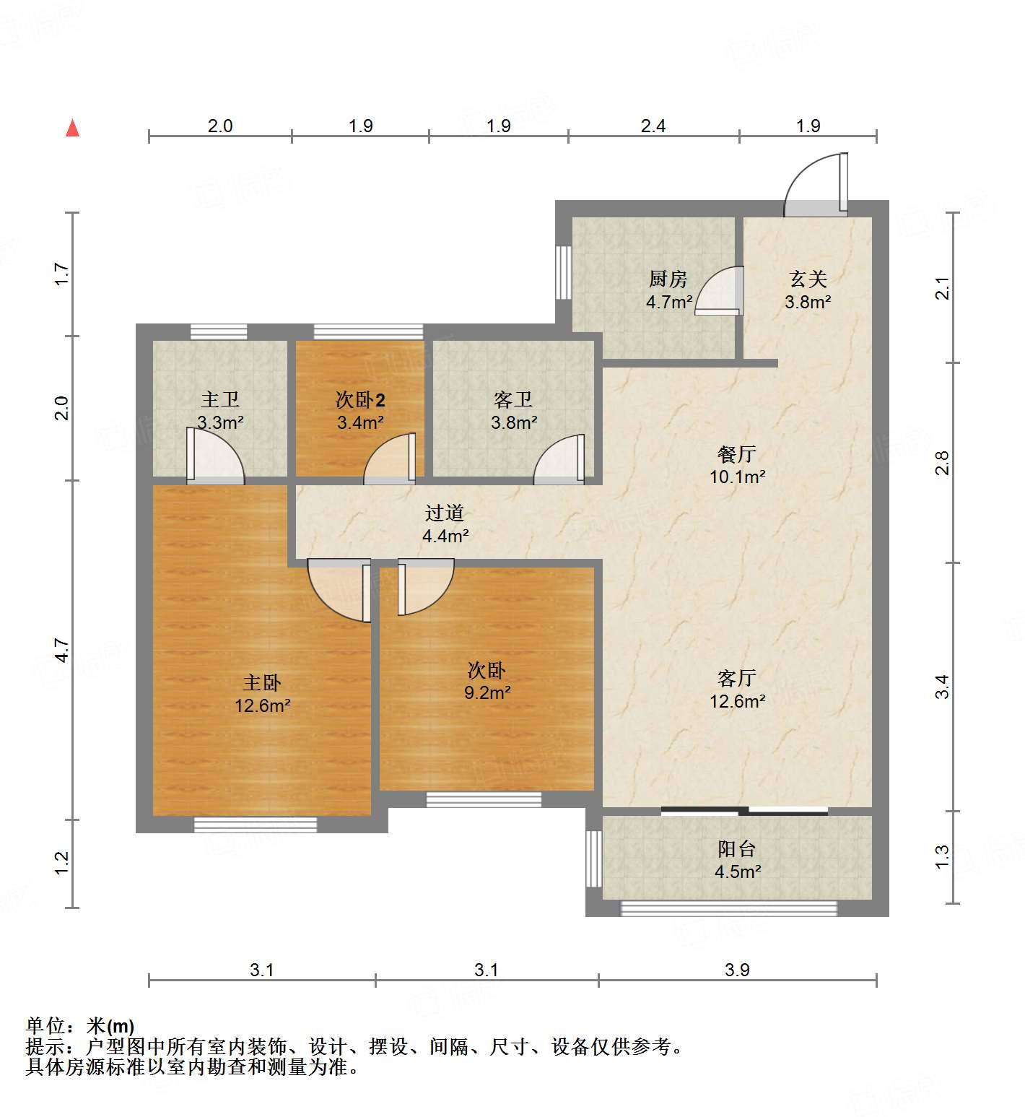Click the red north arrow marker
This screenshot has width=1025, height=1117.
pyautogui.click(x=72, y=129)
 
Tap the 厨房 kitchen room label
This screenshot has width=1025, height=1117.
pyautogui.click(x=668, y=279)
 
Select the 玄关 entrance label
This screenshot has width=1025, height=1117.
pyautogui.click(x=808, y=279)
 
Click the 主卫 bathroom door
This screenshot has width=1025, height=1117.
pyautogui.click(x=214, y=456)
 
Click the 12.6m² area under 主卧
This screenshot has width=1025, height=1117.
pyautogui.click(x=262, y=706)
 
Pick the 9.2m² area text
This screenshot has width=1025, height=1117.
pyautogui.click(x=487, y=693)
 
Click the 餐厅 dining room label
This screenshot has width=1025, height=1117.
pyautogui.click(x=736, y=454)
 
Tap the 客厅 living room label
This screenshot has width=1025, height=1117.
pyautogui.click(x=736, y=678)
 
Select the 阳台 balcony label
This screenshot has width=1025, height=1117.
pyautogui.click(x=736, y=849)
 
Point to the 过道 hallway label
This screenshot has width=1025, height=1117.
pyautogui.click(x=444, y=513)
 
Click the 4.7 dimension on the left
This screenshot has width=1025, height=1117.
pyautogui.click(x=63, y=650)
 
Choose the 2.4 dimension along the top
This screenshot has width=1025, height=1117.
pyautogui.click(x=653, y=126)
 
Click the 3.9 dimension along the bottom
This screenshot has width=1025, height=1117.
pyautogui.click(x=737, y=970)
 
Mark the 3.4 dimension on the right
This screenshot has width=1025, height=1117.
pyautogui.click(x=942, y=686)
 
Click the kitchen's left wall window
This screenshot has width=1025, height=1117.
pyautogui.click(x=563, y=273)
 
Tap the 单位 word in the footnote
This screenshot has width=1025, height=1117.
pyautogui.click(x=45, y=1025)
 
